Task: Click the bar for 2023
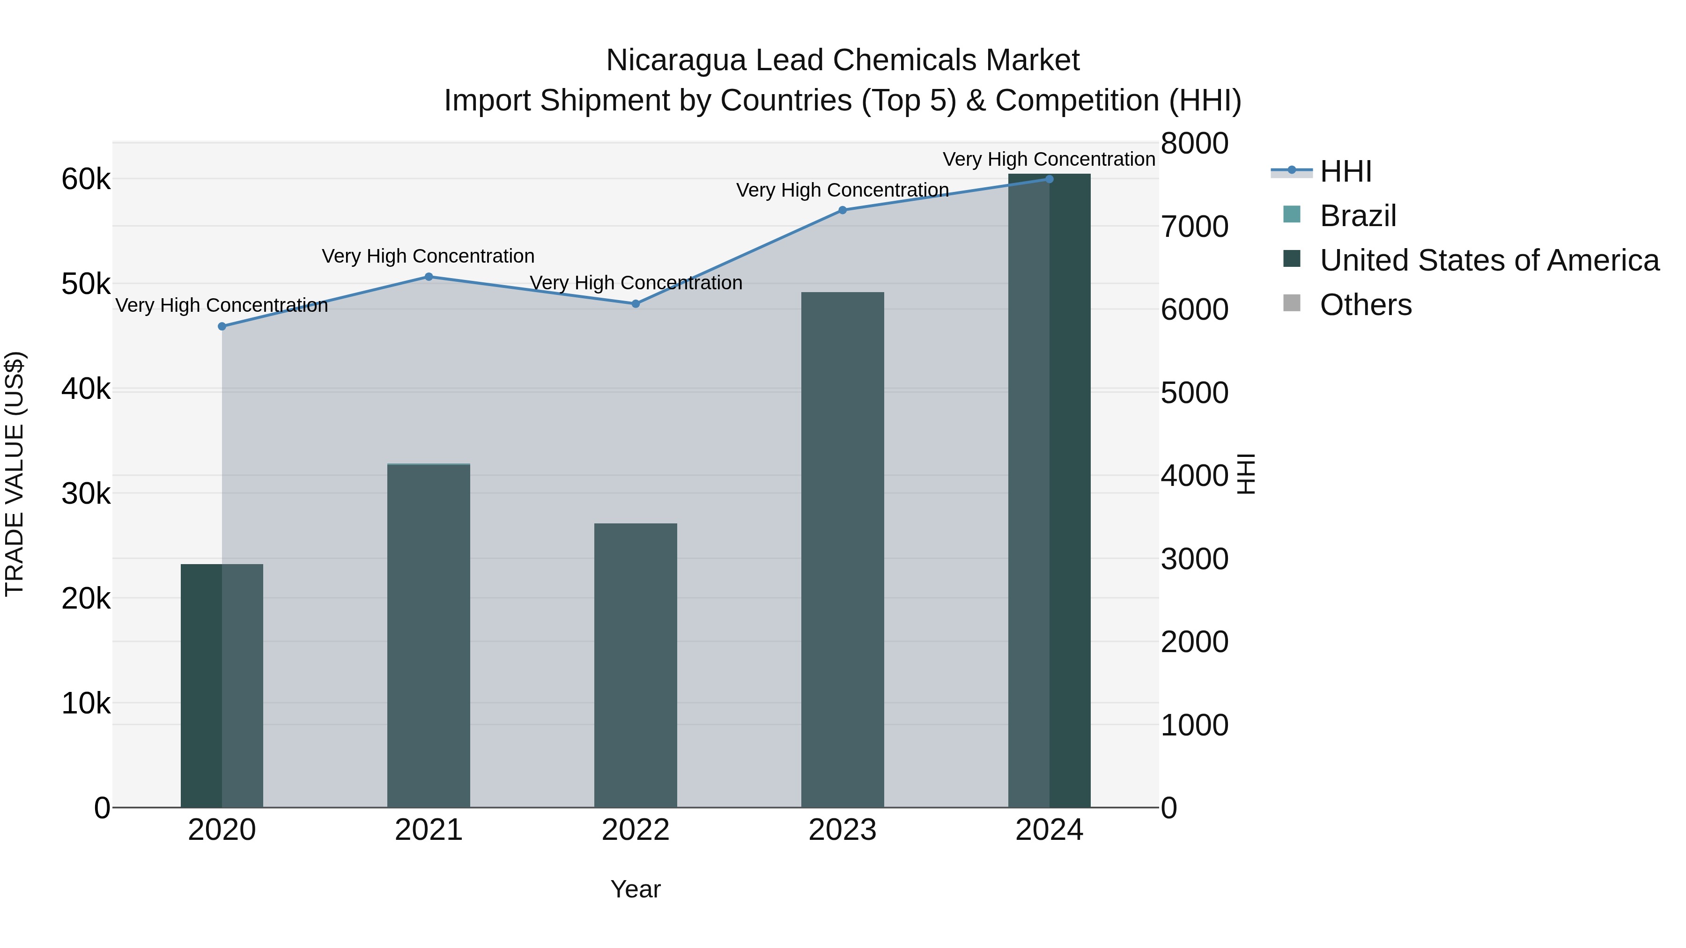(x=843, y=550)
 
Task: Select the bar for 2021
(x=429, y=635)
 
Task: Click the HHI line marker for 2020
(x=222, y=326)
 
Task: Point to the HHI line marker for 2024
(x=1049, y=179)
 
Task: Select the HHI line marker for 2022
(x=636, y=303)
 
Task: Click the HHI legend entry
(x=1345, y=171)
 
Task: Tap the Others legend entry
(x=1365, y=305)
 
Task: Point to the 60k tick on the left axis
(x=86, y=179)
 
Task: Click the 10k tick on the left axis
(x=86, y=703)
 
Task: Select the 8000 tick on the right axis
(x=1194, y=143)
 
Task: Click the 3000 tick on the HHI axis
(x=1194, y=559)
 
